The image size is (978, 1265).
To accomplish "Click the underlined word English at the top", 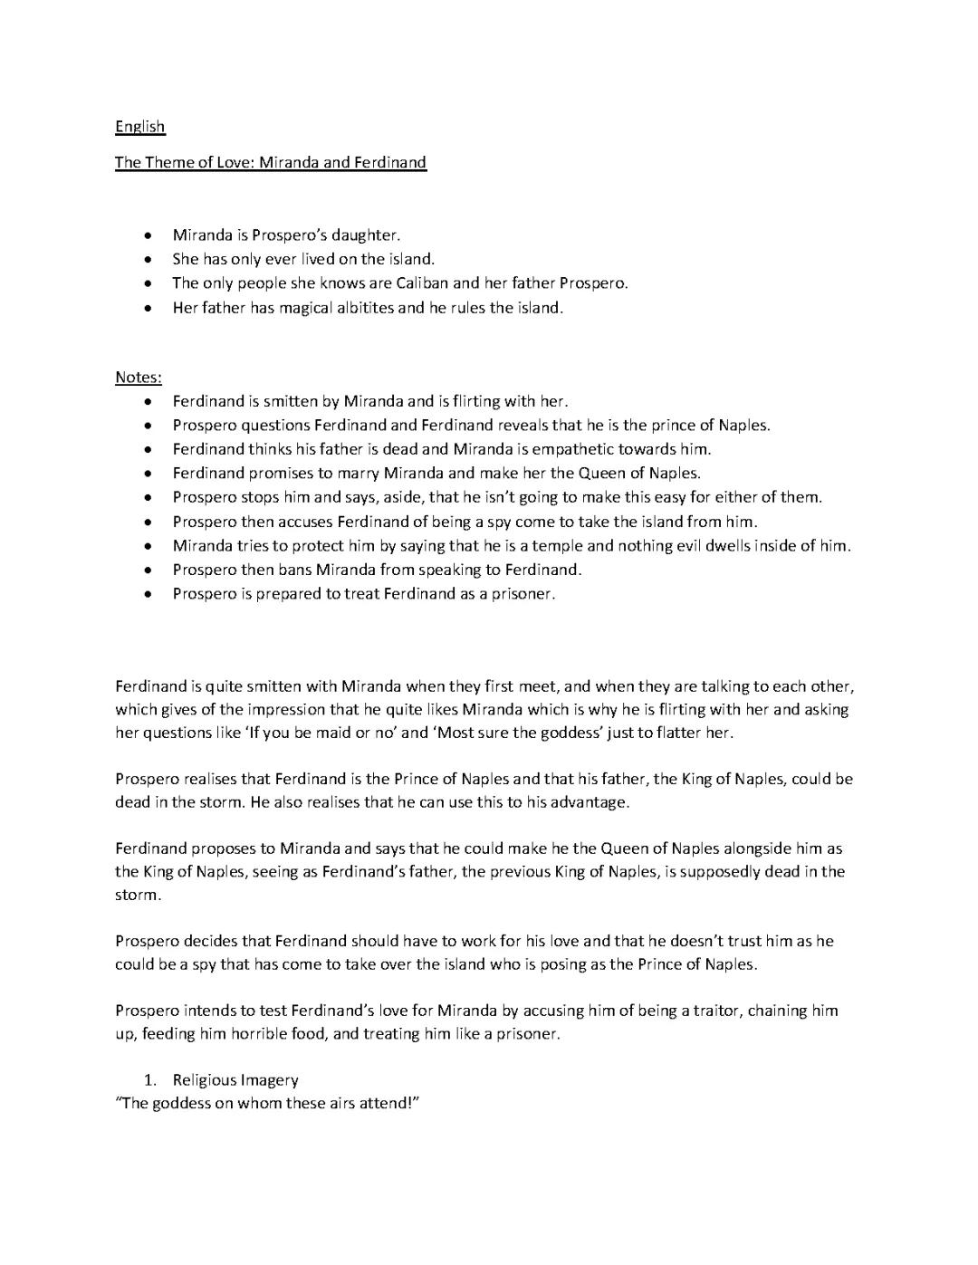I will (x=139, y=127).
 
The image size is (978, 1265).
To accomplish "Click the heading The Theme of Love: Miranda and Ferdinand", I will (x=270, y=163).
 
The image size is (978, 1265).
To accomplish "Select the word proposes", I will (x=231, y=848).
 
